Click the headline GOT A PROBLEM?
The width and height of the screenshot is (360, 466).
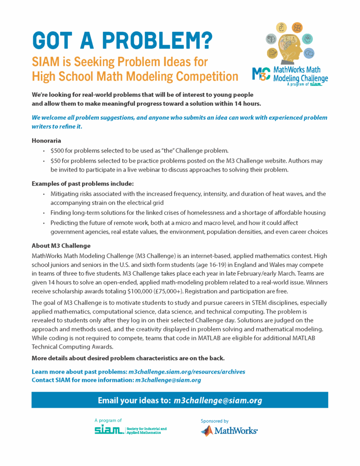click(122, 41)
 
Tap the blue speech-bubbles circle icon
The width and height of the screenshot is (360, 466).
click(309, 53)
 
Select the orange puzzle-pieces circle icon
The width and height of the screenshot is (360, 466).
click(297, 27)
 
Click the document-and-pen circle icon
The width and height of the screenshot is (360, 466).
click(272, 53)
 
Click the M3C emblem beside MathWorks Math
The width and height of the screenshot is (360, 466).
click(261, 74)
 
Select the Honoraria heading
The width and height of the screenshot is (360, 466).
click(46, 141)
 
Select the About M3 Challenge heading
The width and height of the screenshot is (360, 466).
click(61, 245)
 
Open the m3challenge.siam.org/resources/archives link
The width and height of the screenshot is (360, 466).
click(187, 372)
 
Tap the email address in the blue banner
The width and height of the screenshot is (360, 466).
click(218, 400)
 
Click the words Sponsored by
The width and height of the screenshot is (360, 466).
click(214, 421)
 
